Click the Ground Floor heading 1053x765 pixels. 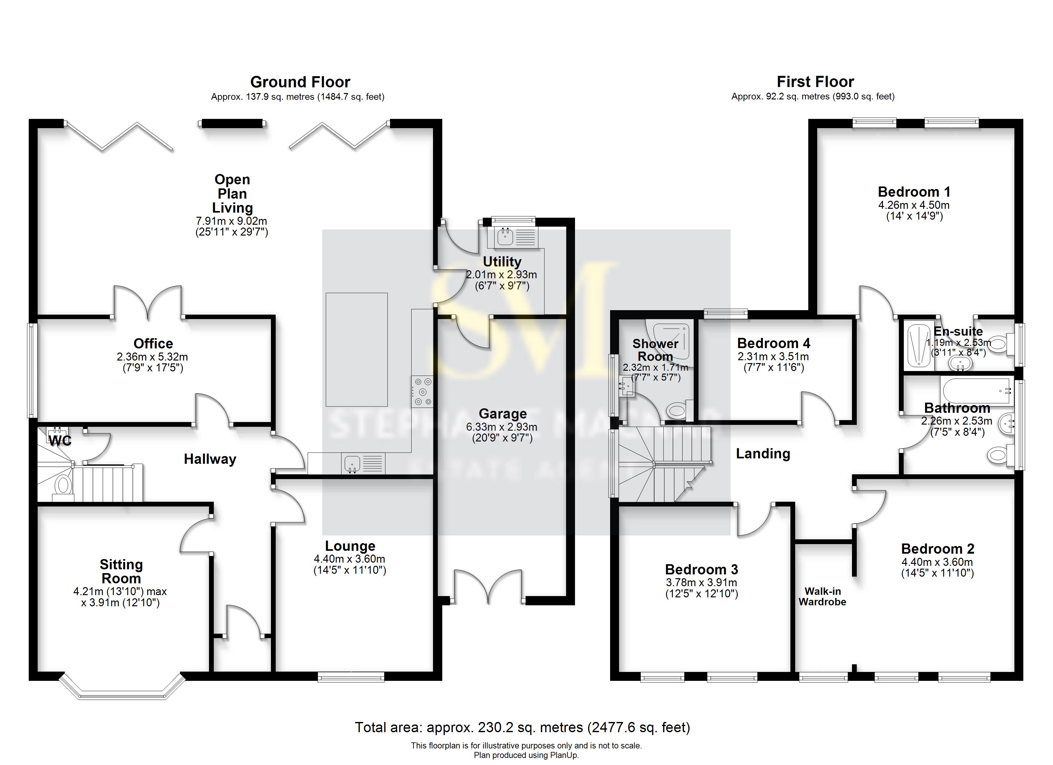tap(300, 82)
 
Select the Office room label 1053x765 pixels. tap(153, 343)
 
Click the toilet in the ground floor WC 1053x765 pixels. tap(62, 486)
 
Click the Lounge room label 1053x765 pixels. tap(350, 546)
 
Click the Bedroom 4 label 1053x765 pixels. tap(773, 343)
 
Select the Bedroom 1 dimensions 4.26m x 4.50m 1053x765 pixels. tap(913, 205)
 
